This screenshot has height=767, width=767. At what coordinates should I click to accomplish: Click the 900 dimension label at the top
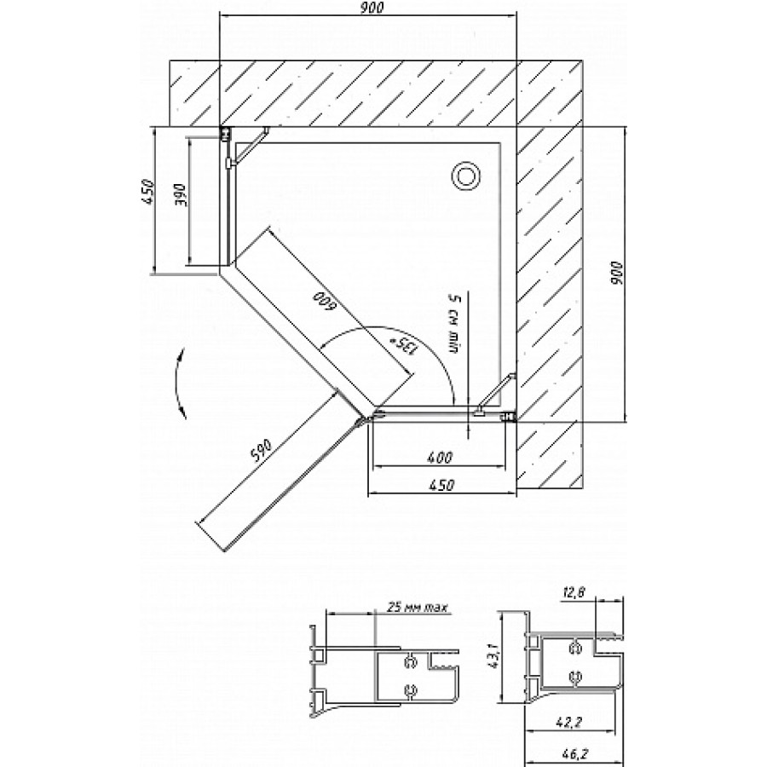372,8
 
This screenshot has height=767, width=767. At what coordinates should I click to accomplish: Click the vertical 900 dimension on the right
617,274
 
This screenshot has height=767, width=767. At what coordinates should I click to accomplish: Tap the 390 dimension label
180,195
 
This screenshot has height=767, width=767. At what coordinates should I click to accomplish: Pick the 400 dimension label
440,458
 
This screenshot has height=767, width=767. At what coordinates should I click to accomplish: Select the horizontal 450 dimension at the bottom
441,485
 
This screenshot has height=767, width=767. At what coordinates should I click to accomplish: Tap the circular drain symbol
465,176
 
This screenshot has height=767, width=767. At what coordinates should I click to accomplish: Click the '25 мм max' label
418,608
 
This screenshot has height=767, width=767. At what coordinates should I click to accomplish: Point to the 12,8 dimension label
574,593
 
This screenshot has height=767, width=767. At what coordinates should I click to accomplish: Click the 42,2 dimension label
569,722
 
